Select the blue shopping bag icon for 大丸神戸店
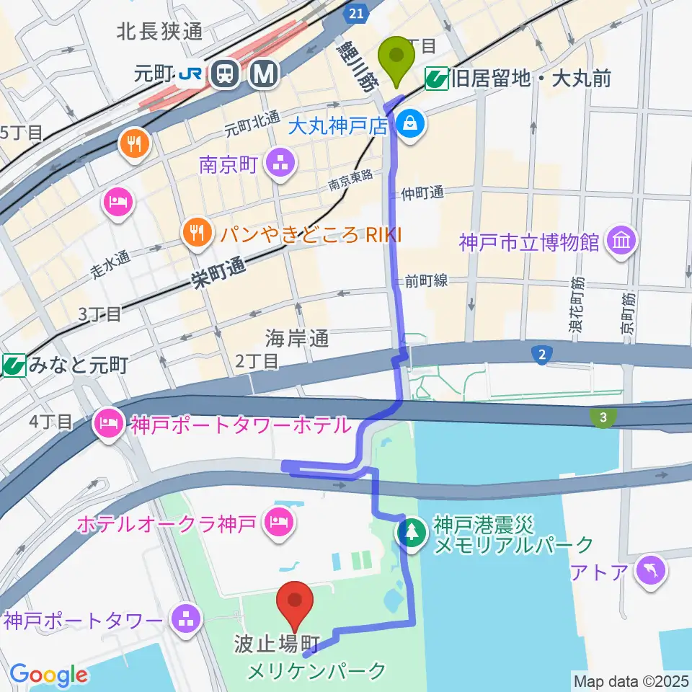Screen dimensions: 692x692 (410, 124)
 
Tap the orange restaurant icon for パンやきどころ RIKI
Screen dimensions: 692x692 (195, 232)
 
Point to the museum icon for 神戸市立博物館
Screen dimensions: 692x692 (621, 239)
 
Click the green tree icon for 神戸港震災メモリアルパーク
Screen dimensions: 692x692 (411, 533)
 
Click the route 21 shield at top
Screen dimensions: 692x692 (355, 13)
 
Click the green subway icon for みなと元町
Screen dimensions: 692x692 (12, 365)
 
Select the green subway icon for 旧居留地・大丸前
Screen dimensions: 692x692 (435, 77)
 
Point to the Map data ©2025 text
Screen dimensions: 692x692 (630, 680)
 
